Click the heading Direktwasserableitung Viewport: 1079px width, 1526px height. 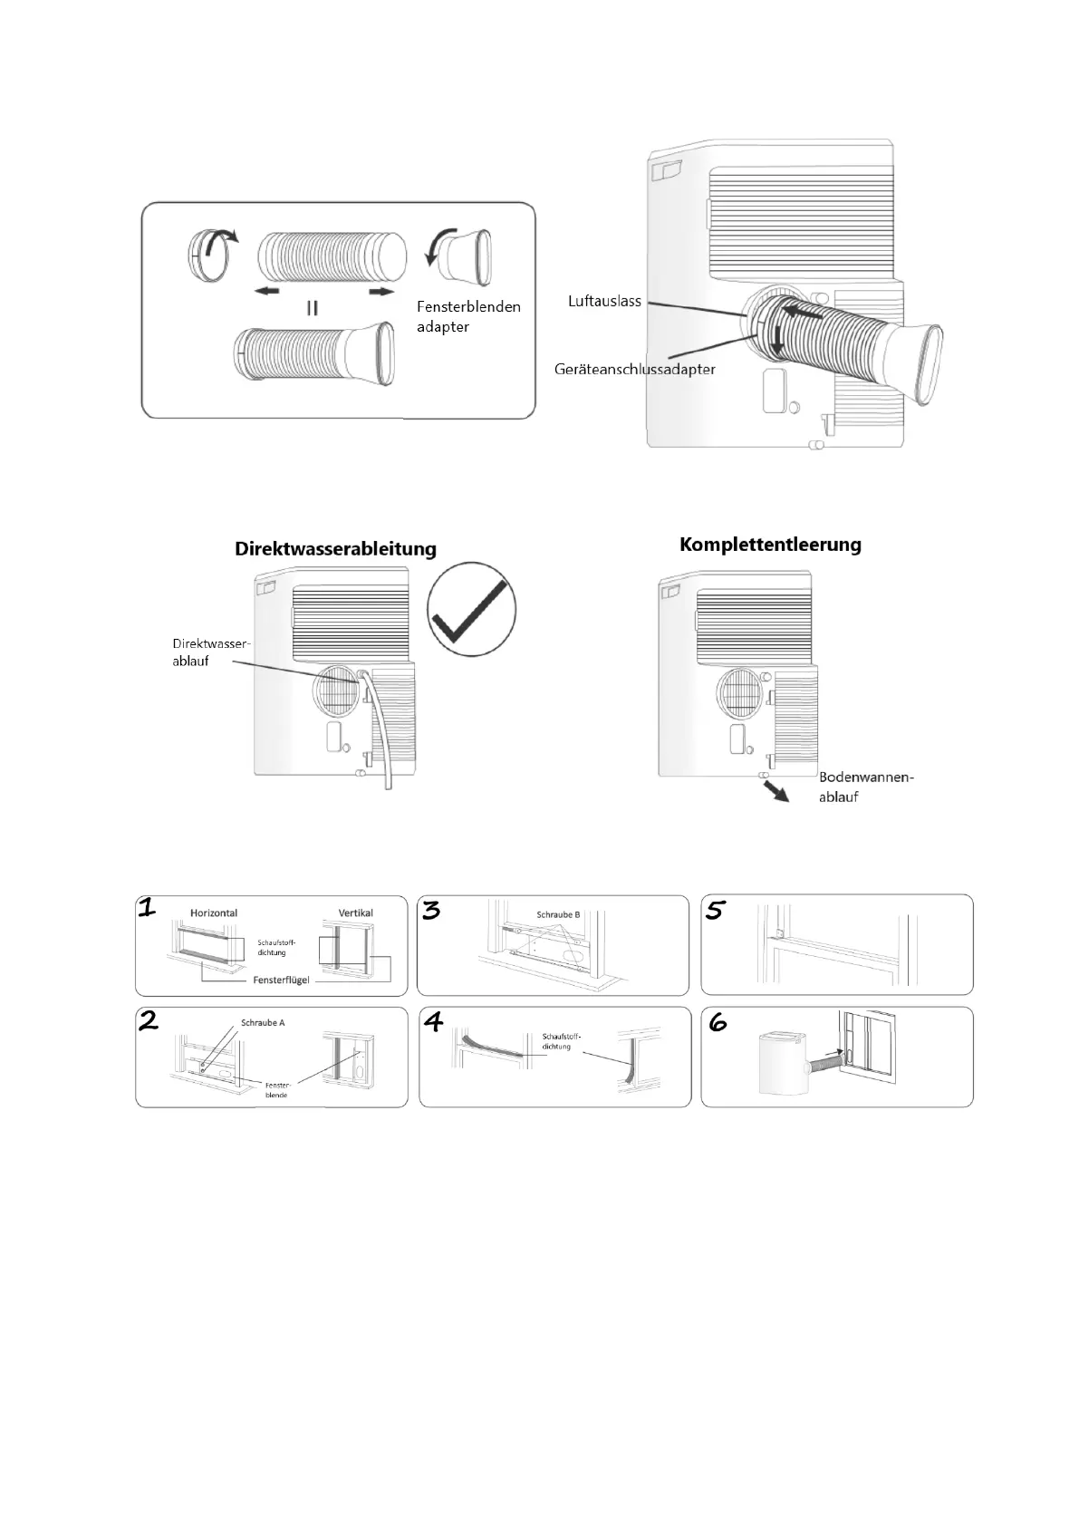(x=335, y=549)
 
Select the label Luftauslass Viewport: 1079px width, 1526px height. (x=604, y=301)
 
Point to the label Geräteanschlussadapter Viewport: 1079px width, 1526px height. (x=634, y=369)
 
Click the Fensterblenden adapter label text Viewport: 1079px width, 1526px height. (x=468, y=316)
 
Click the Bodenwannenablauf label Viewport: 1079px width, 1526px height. (x=866, y=787)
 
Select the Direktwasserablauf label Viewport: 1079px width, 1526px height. (x=210, y=652)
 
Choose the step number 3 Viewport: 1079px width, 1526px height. (x=431, y=910)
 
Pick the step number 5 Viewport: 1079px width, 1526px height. (x=715, y=910)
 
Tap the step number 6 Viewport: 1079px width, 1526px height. (x=718, y=1022)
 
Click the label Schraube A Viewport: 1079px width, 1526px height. (x=263, y=1023)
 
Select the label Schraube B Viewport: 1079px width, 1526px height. (x=558, y=914)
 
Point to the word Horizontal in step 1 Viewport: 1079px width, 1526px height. (x=214, y=913)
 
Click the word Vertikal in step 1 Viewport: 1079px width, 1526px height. (x=355, y=913)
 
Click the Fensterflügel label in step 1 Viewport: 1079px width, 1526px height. (x=281, y=980)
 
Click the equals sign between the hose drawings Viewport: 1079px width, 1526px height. (x=312, y=308)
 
